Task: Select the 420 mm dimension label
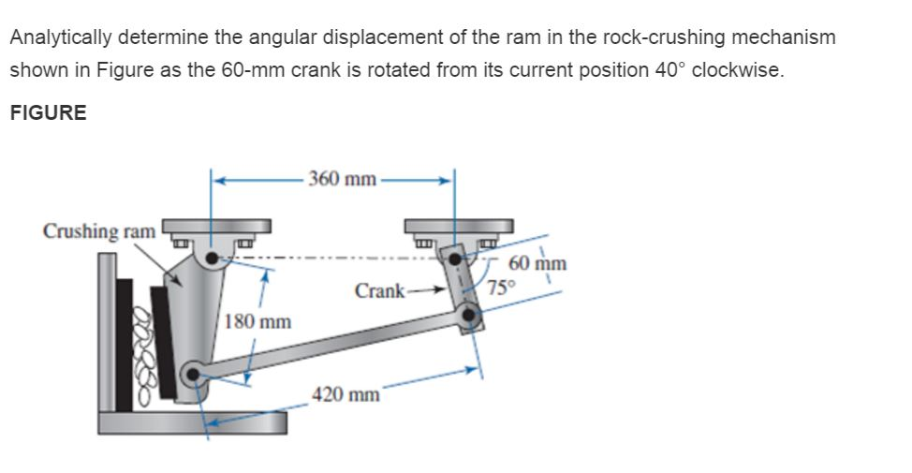pos(346,393)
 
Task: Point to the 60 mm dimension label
pos(536,263)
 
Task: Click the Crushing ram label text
pos(99,230)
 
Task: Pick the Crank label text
pos(379,291)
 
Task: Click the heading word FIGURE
pos(48,113)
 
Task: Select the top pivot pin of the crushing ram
pos(214,257)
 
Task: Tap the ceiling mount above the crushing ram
pos(216,228)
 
